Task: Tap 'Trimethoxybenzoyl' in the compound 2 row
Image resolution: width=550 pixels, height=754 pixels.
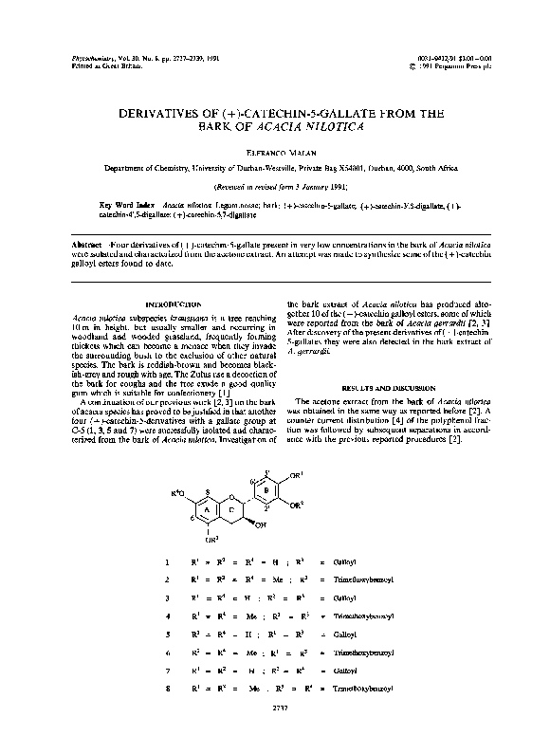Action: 361,580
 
